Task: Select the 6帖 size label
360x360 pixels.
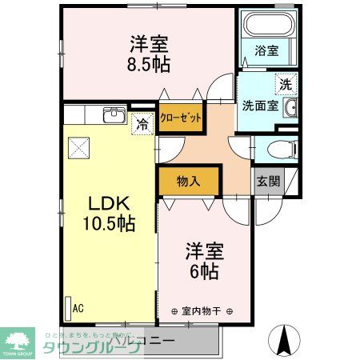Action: click(x=205, y=272)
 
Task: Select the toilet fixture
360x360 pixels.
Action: click(x=281, y=150)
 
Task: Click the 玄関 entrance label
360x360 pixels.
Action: click(x=268, y=181)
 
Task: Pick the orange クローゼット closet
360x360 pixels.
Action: click(x=180, y=116)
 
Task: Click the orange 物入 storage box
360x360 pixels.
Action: click(x=188, y=182)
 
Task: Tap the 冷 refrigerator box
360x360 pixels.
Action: click(x=142, y=124)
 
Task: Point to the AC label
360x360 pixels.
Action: click(x=78, y=306)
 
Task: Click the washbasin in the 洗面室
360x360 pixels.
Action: click(x=292, y=108)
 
